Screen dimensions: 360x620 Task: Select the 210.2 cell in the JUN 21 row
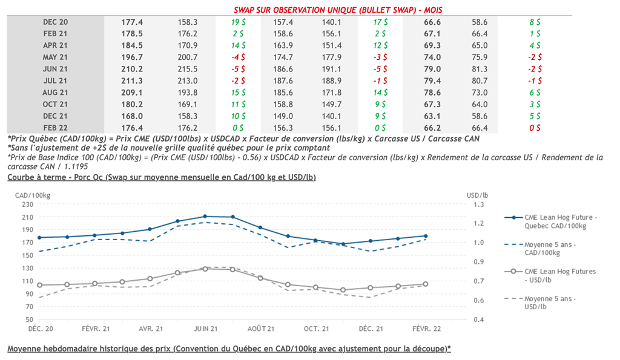pos(132,68)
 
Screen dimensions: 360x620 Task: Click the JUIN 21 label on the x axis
pos(205,329)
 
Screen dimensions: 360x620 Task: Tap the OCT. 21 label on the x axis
pos(315,329)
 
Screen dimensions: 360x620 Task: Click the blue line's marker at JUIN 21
pos(205,216)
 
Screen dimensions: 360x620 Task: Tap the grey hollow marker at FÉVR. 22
pos(425,284)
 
